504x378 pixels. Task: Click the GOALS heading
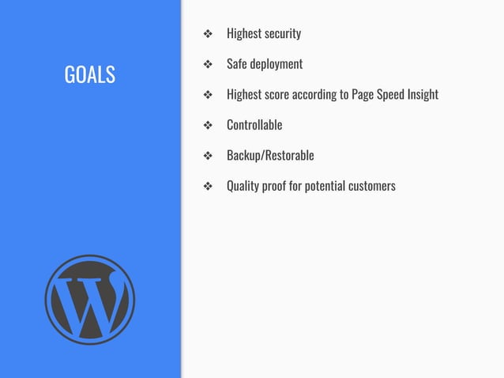(89, 75)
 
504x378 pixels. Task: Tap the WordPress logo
(89, 300)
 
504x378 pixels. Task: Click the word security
(281, 34)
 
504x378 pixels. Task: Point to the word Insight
(419, 95)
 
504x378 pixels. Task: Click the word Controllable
(254, 125)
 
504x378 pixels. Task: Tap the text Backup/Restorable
(270, 155)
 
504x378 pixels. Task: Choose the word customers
(370, 186)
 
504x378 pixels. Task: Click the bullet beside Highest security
(208, 34)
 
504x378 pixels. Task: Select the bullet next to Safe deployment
(208, 64)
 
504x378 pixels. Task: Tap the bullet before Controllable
(208, 125)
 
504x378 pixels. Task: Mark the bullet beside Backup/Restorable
(208, 156)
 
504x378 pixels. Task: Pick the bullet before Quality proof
(208, 187)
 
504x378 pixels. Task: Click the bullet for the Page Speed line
(208, 95)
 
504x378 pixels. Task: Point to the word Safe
(237, 64)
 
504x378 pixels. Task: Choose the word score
(273, 95)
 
